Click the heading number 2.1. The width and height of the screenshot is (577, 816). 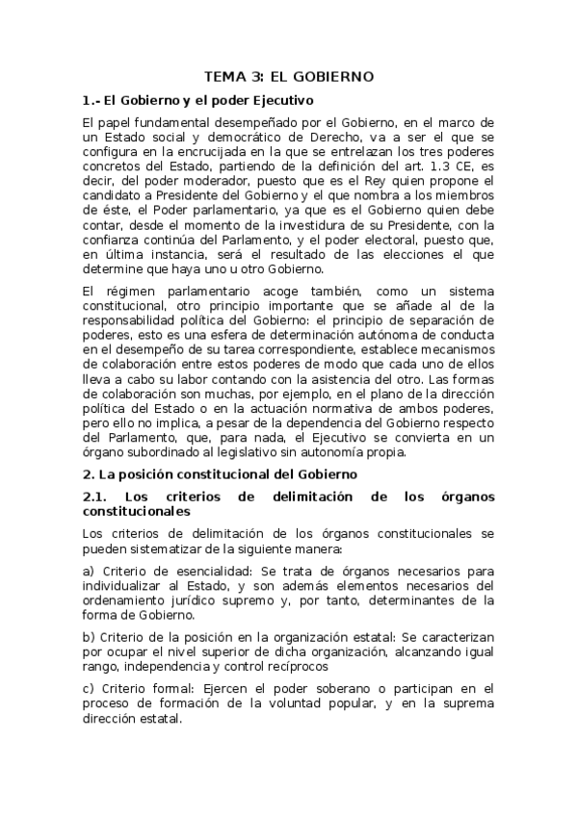96,497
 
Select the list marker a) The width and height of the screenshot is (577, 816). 90,572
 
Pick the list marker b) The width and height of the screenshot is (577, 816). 90,639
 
